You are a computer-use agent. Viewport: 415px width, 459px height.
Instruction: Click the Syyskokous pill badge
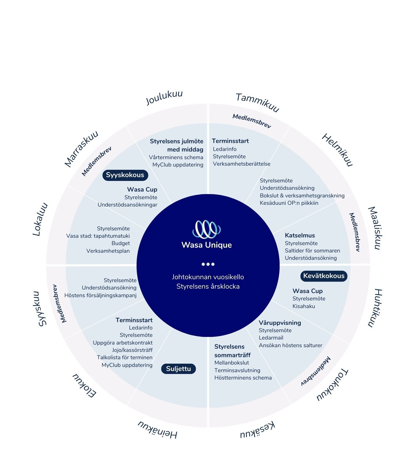point(125,175)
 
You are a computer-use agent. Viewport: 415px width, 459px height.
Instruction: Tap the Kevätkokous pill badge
point(324,276)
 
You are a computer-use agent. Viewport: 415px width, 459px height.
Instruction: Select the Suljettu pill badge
point(178,369)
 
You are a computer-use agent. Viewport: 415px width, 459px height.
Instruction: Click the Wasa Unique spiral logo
point(207,229)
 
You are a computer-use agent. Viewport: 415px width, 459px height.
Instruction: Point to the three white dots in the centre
point(208,264)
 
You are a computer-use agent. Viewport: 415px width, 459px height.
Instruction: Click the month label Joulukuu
point(165,97)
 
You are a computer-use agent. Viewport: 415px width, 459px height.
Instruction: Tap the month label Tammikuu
point(257,102)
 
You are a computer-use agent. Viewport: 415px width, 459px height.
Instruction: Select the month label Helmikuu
point(337,150)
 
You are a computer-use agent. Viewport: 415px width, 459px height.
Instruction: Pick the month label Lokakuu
point(40,219)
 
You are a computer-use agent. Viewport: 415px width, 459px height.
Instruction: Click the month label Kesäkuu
point(258,430)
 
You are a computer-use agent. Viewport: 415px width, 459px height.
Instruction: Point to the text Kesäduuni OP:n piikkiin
point(289,203)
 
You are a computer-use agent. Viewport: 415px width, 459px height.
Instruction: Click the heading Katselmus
point(300,235)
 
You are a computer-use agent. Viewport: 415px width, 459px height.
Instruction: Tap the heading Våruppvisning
point(280,323)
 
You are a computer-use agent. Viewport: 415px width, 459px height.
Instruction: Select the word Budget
point(120,243)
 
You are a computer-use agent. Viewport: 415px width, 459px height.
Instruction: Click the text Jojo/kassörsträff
point(132,350)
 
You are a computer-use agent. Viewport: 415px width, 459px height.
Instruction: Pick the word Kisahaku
point(303,306)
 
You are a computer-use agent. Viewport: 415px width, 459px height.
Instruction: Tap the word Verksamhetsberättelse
point(241,164)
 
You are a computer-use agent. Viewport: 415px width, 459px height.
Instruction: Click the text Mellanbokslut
point(231,363)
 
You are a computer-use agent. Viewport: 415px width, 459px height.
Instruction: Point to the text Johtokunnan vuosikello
point(208,277)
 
